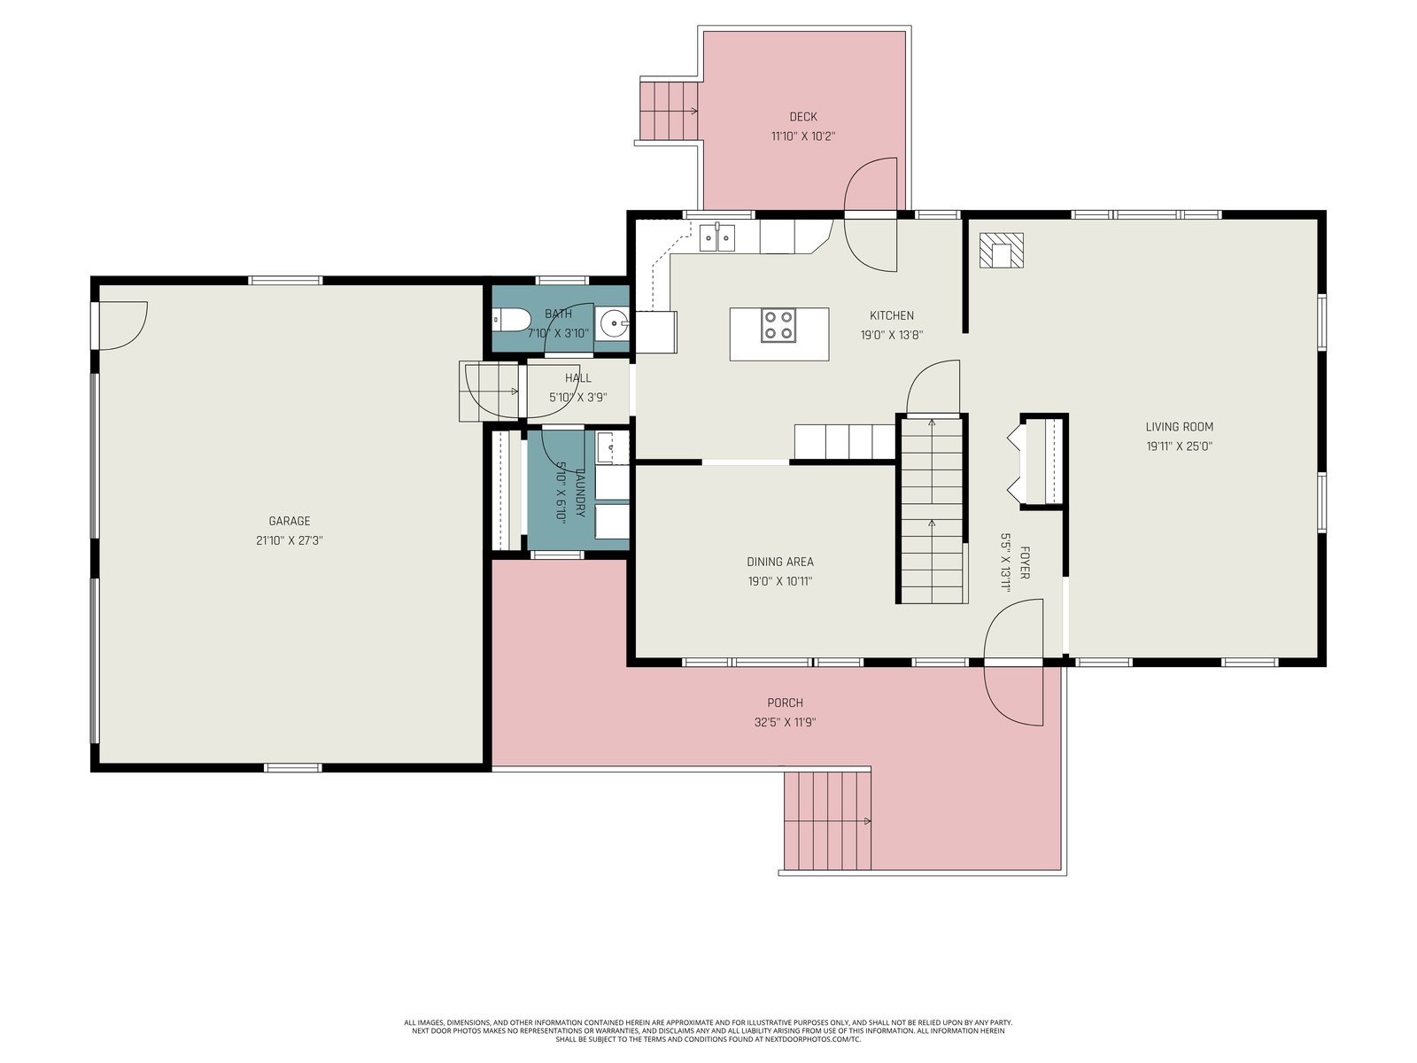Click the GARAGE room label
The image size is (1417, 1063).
coord(290,521)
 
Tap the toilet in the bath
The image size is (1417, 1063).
coord(511,320)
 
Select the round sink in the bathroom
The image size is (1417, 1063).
coord(611,322)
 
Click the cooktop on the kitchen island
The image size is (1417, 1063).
coord(778,324)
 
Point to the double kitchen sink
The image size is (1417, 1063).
coord(717,237)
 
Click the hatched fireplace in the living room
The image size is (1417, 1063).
coord(1002,251)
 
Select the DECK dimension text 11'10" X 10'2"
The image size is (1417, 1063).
coord(803,136)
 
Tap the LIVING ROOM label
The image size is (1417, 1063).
coord(1180,427)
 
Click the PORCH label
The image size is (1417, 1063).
coord(785,702)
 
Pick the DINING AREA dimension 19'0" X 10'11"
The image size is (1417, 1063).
coord(780,581)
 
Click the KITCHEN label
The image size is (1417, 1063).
coord(892,315)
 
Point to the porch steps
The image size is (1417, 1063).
coord(827,821)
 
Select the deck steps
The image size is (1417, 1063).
coord(669,111)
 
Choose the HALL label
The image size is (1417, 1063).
coord(577,378)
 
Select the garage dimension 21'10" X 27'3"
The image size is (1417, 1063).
coord(290,541)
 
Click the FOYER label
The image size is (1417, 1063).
coord(1024,563)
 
